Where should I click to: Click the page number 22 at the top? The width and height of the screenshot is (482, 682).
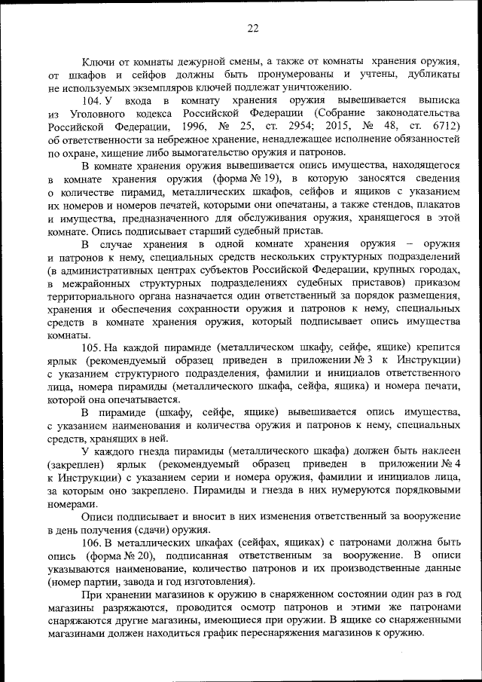coord(252,29)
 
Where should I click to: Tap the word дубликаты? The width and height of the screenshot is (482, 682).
coord(431,75)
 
